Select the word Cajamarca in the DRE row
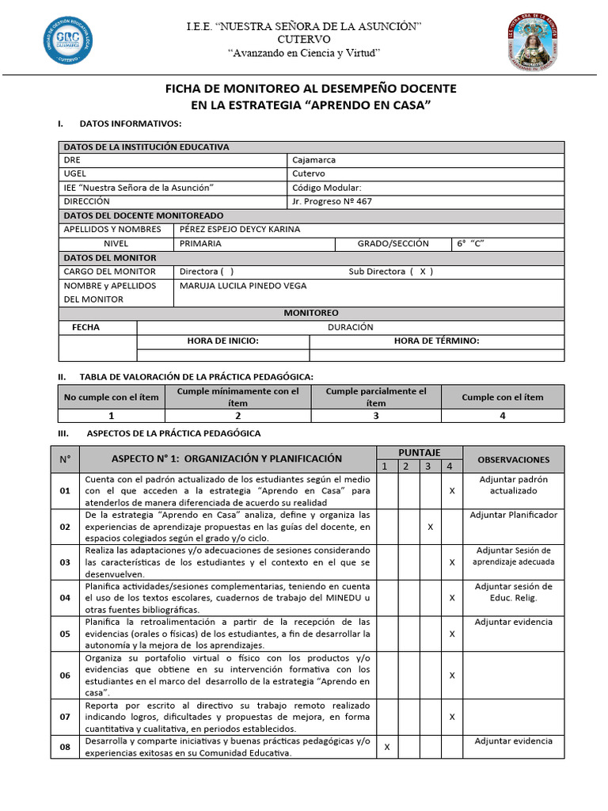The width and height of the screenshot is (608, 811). pos(313,159)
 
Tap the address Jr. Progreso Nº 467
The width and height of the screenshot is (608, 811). pos(332,201)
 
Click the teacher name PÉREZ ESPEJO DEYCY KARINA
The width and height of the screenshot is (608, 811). pos(240,230)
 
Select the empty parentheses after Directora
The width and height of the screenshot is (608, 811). pos(227,272)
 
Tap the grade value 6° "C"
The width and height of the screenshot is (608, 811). pos(469,244)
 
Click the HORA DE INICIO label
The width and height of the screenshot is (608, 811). pos(222,341)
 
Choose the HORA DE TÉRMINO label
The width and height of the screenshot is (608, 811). pos(436,341)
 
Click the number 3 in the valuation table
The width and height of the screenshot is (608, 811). pos(375,416)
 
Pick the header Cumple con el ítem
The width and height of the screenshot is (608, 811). pos(503,397)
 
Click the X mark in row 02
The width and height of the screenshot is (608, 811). pos(429,527)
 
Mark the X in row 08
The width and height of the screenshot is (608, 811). pos(386,747)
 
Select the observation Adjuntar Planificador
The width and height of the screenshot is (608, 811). pos(513,515)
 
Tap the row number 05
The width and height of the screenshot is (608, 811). pos(65,634)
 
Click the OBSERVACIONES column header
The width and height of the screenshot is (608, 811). pos(513,459)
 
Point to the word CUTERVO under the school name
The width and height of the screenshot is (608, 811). pos(304,40)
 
